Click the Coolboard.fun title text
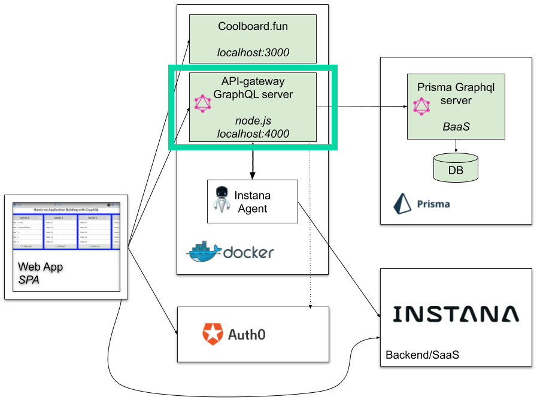(253, 27)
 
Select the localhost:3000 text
(253, 53)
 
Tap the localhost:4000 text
(253, 134)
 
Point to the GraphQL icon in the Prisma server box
(421, 107)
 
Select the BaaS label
(456, 127)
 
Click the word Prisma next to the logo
(433, 204)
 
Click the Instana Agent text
(252, 202)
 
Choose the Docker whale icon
(202, 252)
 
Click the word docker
(248, 253)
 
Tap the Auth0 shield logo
(212, 334)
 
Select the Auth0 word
(247, 334)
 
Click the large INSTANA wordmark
(456, 314)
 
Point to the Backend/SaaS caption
(422, 355)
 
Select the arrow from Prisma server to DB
(456, 146)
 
